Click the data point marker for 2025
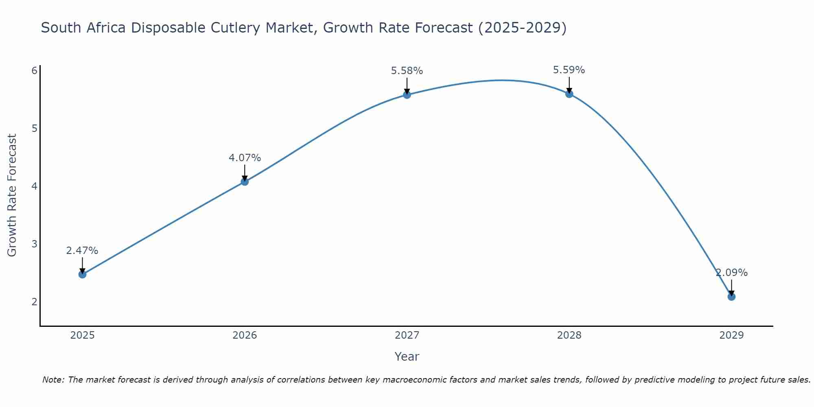pyautogui.click(x=82, y=274)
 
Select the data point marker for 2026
pyautogui.click(x=245, y=182)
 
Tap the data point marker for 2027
pyautogui.click(x=407, y=95)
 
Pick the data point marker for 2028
pyautogui.click(x=569, y=94)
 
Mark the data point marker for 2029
pyautogui.click(x=731, y=297)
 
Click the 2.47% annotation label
pyautogui.click(x=82, y=251)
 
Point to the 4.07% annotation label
pyautogui.click(x=245, y=158)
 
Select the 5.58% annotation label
pyautogui.click(x=407, y=71)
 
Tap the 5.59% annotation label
pyautogui.click(x=569, y=70)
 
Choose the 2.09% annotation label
pyautogui.click(x=731, y=273)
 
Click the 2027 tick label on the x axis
pyautogui.click(x=407, y=335)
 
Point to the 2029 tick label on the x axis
pyautogui.click(x=731, y=335)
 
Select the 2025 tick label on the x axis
pyautogui.click(x=82, y=335)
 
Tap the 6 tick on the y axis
pyautogui.click(x=35, y=71)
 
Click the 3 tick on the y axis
pyautogui.click(x=35, y=244)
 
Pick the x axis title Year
pyautogui.click(x=407, y=357)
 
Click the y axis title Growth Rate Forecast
pyautogui.click(x=12, y=195)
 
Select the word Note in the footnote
pyautogui.click(x=53, y=380)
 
